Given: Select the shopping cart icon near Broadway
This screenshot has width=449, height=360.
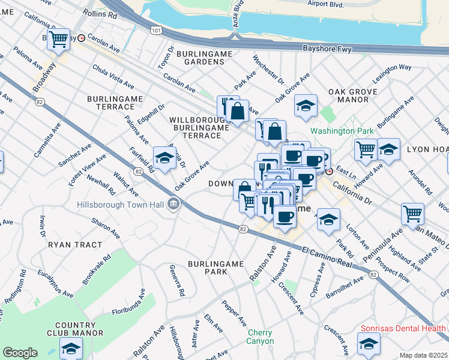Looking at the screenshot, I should click(58, 39).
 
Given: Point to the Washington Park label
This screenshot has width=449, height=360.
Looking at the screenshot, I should click(342, 130).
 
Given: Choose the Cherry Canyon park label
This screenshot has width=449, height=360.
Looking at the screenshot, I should click(260, 337).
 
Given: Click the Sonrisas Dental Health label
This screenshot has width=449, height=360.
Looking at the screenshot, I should click(402, 328).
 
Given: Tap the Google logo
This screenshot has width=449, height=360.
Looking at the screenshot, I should click(20, 353).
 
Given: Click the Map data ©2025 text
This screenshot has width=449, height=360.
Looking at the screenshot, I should click(424, 355).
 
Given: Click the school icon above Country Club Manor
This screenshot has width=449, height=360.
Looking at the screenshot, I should click(71, 347).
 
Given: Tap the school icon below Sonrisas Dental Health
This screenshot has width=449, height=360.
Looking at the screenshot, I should click(368, 344).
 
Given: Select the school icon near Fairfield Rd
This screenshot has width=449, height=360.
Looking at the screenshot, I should click(164, 158).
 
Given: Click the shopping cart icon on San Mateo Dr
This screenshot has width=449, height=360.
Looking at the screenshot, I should click(412, 214).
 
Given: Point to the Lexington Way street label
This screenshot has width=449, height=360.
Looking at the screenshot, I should click(391, 68).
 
